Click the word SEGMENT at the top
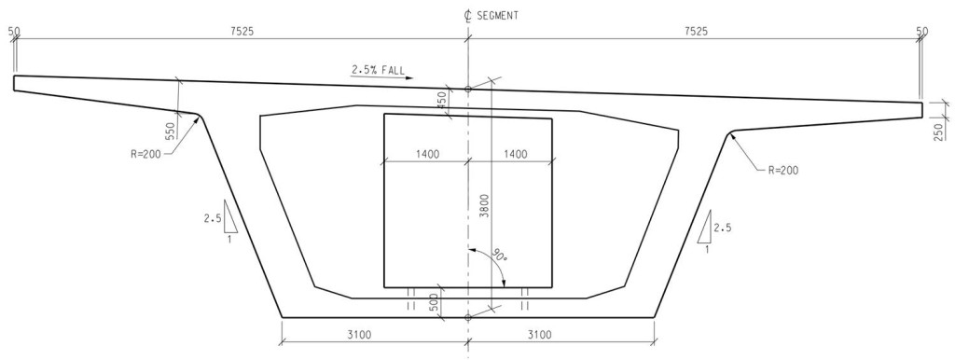point(498,17)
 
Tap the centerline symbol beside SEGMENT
point(468,17)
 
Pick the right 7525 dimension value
point(696,31)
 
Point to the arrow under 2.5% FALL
point(381,77)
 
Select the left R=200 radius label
point(145,154)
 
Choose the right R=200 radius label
point(782,170)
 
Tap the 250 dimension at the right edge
point(938,132)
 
